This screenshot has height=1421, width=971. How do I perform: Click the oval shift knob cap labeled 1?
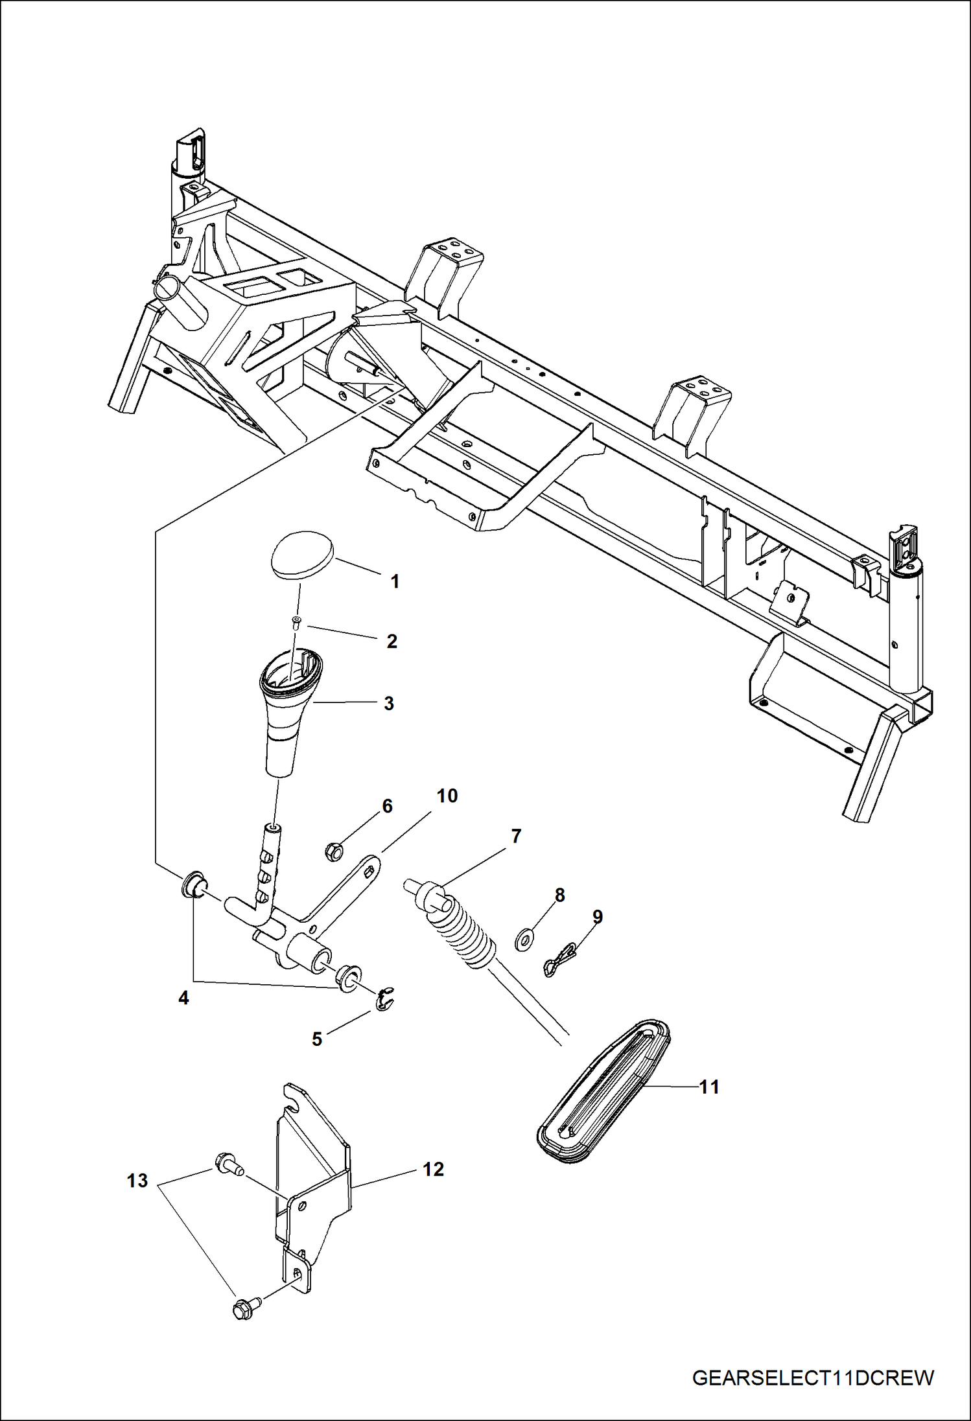pyautogui.click(x=301, y=555)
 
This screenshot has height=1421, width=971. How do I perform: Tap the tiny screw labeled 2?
pyautogui.click(x=296, y=622)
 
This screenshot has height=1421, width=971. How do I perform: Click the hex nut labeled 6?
pyautogui.click(x=334, y=851)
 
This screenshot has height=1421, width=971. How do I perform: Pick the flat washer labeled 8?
pyautogui.click(x=522, y=939)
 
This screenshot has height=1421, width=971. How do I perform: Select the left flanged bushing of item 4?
pyautogui.click(x=193, y=885)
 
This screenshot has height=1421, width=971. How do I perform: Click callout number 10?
pyautogui.click(x=447, y=796)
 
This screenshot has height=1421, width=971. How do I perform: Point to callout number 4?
pyautogui.click(x=183, y=999)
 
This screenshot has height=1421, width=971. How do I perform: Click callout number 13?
pyautogui.click(x=137, y=1181)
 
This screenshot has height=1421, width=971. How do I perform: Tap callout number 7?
pyautogui.click(x=516, y=837)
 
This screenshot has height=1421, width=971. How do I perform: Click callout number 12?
pyautogui.click(x=433, y=1169)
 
